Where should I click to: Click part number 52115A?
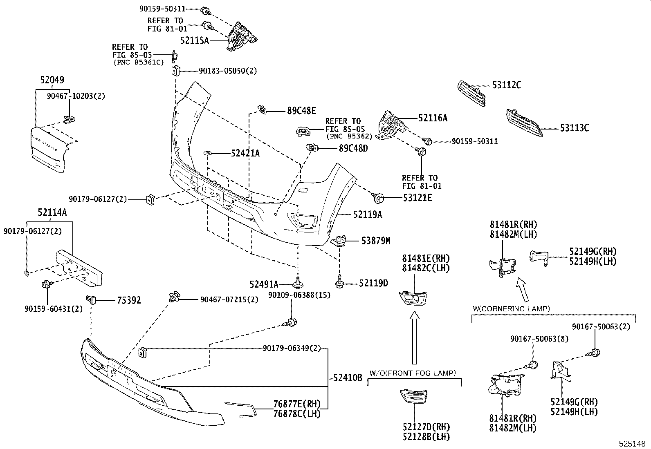(x=195, y=40)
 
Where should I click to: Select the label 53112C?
(x=506, y=85)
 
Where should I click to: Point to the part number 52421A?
(x=245, y=153)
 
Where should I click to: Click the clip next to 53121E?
(x=378, y=199)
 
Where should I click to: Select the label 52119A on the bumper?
(x=368, y=214)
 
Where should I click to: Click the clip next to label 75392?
(x=92, y=300)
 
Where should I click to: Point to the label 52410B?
(x=348, y=378)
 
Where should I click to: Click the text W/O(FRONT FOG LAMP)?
(x=413, y=373)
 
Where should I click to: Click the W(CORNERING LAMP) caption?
(x=511, y=308)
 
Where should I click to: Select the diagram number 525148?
(x=633, y=443)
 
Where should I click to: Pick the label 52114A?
(x=52, y=212)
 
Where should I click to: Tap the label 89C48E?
(x=301, y=110)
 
